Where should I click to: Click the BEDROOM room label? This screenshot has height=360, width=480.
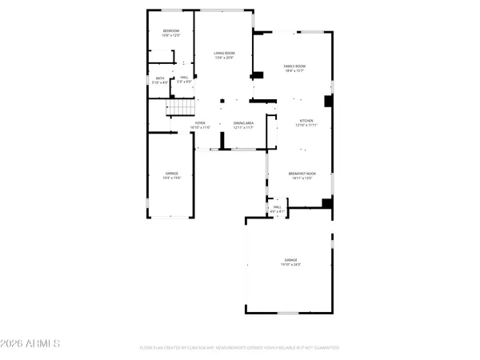pyautogui.click(x=172, y=30)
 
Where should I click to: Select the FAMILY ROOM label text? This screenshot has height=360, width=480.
pyautogui.click(x=295, y=66)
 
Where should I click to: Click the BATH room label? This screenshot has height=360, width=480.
pyautogui.click(x=160, y=78)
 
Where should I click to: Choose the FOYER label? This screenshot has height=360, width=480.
pyautogui.click(x=199, y=123)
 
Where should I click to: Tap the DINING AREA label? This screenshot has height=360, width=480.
pyautogui.click(x=243, y=123)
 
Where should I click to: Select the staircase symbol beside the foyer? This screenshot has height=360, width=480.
pyautogui.click(x=180, y=108)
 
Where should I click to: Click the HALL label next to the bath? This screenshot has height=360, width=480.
pyautogui.click(x=183, y=77)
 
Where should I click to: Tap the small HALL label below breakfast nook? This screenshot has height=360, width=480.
pyautogui.click(x=278, y=207)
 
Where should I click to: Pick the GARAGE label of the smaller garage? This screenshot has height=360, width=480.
pyautogui.click(x=171, y=173)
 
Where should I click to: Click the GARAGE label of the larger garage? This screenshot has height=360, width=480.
pyautogui.click(x=290, y=260)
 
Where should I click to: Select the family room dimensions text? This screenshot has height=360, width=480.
pyautogui.click(x=295, y=71)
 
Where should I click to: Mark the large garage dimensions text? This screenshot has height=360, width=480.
pyautogui.click(x=290, y=265)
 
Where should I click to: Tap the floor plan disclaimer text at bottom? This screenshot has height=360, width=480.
pyautogui.click(x=239, y=348)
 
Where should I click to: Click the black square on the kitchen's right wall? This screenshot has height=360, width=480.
pyautogui.click(x=327, y=101)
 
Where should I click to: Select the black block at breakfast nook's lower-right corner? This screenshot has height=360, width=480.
pyautogui.click(x=326, y=203)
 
